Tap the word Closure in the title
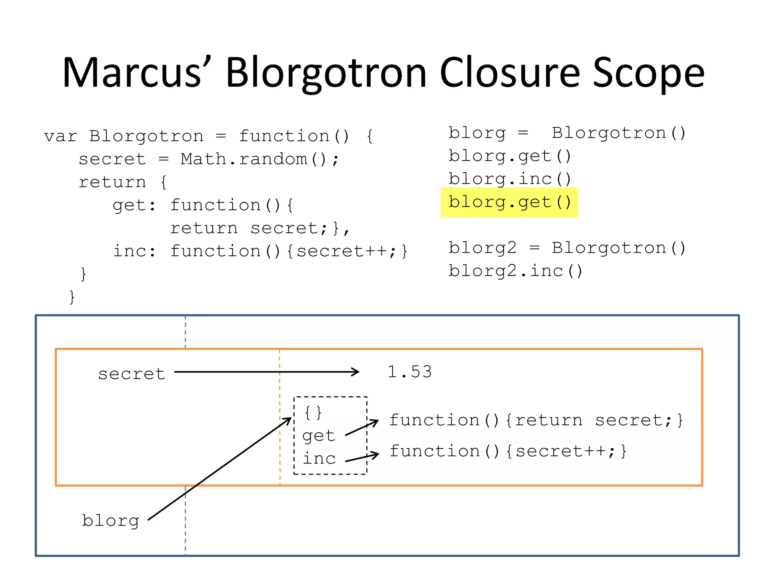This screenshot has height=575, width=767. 510,73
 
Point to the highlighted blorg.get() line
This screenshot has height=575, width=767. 509,202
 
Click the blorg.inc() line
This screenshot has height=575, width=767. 509,179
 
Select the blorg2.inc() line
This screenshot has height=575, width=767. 515,271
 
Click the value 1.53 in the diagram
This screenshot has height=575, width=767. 410,372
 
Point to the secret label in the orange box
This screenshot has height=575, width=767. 131,374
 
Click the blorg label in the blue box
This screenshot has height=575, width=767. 110,521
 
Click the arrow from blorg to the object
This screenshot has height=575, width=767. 219,469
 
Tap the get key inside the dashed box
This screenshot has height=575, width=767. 319,436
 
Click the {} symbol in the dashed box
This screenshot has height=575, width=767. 313,413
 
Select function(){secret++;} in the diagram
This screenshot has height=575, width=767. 508,451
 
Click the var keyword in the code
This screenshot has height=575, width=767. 60,136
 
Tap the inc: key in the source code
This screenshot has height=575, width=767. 134,251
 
